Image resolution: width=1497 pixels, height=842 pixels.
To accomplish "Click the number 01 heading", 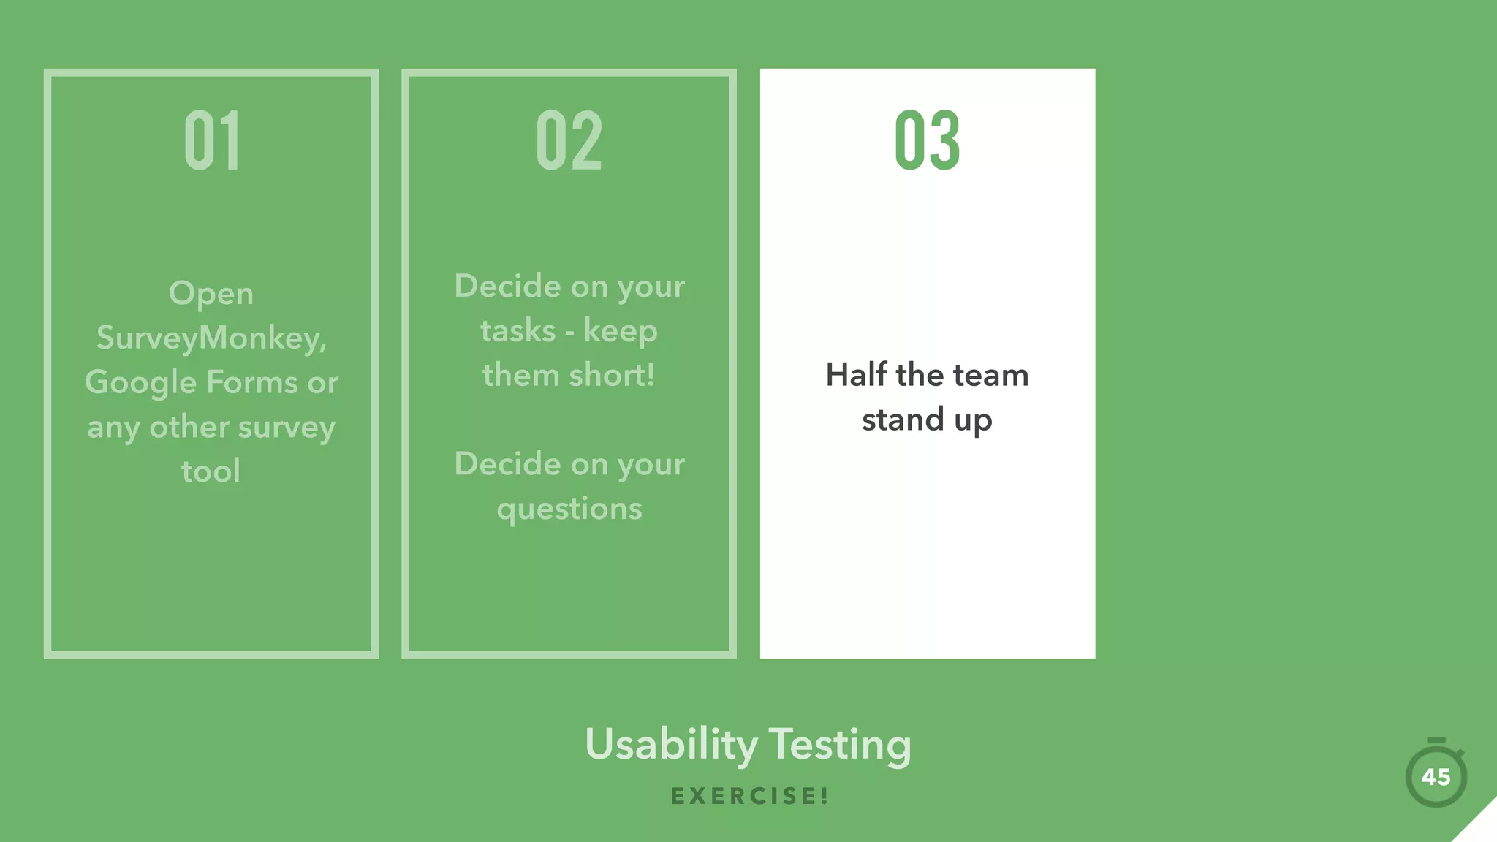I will click(x=211, y=140).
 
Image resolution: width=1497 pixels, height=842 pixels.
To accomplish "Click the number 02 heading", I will click(x=569, y=140).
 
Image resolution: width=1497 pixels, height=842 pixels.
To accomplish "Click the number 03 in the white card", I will click(x=927, y=140).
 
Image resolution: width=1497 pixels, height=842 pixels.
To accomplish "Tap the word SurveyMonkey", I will click(x=211, y=338).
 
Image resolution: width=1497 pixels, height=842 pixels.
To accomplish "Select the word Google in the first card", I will click(x=140, y=383).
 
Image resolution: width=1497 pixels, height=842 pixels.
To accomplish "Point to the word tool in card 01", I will click(x=211, y=471).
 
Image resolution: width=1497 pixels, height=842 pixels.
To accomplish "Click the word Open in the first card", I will click(x=211, y=294).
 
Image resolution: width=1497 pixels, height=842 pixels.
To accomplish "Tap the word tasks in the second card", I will click(x=518, y=331).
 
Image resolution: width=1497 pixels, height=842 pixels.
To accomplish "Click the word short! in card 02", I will click(x=612, y=375).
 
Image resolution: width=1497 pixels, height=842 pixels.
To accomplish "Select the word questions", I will click(x=569, y=509).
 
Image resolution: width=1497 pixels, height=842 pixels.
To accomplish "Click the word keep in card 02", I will click(x=620, y=332).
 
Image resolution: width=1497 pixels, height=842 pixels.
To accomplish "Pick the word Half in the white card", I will click(x=856, y=375).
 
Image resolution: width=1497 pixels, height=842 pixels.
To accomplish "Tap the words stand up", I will click(x=927, y=420).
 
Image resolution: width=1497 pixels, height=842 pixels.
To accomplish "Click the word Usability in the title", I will click(x=671, y=745).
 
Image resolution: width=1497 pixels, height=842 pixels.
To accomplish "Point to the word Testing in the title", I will click(x=840, y=745).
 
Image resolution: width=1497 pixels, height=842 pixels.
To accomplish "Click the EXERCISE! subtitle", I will click(x=749, y=796).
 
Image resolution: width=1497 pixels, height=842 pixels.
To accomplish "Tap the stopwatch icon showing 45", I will click(x=1436, y=775).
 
